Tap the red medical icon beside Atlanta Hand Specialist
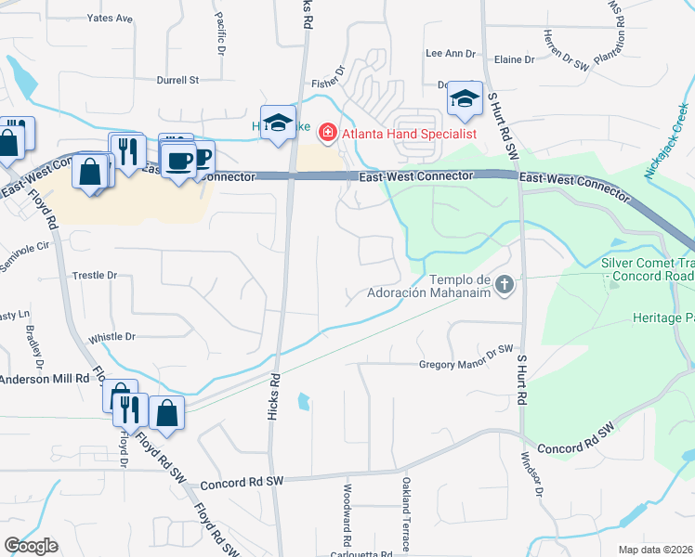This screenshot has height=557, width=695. (x=326, y=134)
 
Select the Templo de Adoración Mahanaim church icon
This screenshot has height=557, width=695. (x=505, y=284)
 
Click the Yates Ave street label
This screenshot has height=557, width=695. (x=110, y=19)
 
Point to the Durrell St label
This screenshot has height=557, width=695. (x=178, y=81)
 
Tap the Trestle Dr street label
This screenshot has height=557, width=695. (x=95, y=276)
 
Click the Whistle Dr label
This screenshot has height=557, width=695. (x=111, y=337)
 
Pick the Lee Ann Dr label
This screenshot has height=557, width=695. (x=450, y=54)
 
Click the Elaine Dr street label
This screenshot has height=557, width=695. (x=515, y=60)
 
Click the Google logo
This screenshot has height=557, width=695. (x=31, y=546)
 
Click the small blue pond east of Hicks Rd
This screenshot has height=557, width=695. (x=304, y=402)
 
